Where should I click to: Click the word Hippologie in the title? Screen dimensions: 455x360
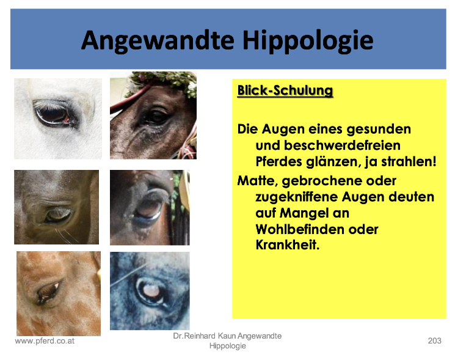pos(308,40)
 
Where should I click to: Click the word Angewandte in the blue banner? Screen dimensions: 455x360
pos(158,40)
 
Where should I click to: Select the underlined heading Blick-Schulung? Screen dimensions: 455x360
pos(285,90)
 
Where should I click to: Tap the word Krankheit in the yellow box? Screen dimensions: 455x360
pos(287,244)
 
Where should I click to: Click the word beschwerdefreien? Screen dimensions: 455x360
pos(328,145)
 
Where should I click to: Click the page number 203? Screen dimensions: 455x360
pos(434,340)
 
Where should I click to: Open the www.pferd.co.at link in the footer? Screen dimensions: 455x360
pos(45,341)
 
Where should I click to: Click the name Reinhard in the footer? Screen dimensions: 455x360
pos(200,336)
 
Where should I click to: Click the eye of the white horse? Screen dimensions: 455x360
pos(54,114)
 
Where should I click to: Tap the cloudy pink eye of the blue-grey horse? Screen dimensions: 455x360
pos(152,291)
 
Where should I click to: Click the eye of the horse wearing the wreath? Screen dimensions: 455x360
pos(157,117)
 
